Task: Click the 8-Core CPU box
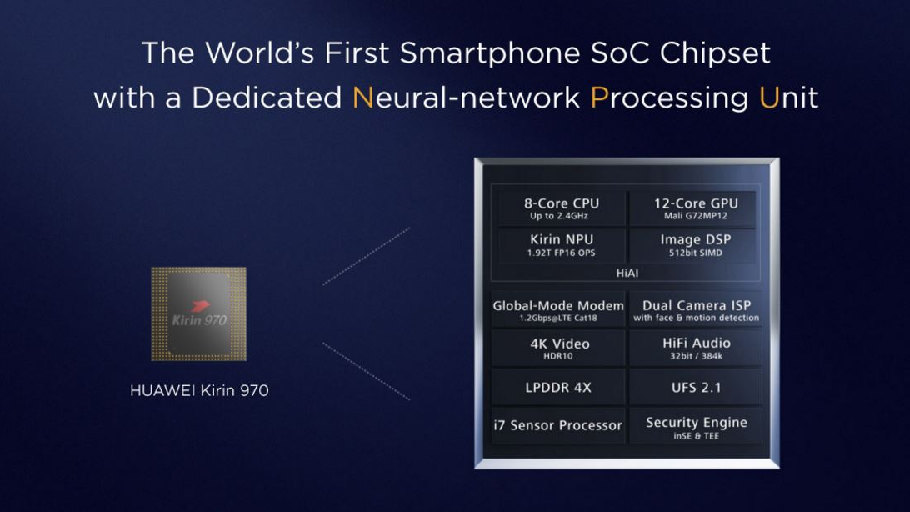tap(561, 208)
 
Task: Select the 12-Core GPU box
tap(695, 208)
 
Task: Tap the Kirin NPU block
tap(561, 245)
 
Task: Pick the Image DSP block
tap(695, 245)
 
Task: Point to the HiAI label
tap(627, 273)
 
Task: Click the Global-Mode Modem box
tap(558, 310)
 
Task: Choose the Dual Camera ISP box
tap(696, 310)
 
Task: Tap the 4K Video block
tap(558, 349)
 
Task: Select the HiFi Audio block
tap(696, 349)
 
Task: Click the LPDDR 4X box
tap(558, 387)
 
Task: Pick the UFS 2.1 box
tap(696, 387)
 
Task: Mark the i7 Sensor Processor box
tap(558, 426)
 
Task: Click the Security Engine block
tap(696, 426)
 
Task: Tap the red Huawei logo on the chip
tap(199, 306)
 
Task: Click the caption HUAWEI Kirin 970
tap(199, 390)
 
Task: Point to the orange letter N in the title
tap(362, 98)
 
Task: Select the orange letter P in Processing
tap(599, 98)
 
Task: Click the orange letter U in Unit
tap(769, 98)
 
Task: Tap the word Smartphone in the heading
tap(490, 53)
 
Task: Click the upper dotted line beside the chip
tap(366, 257)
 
